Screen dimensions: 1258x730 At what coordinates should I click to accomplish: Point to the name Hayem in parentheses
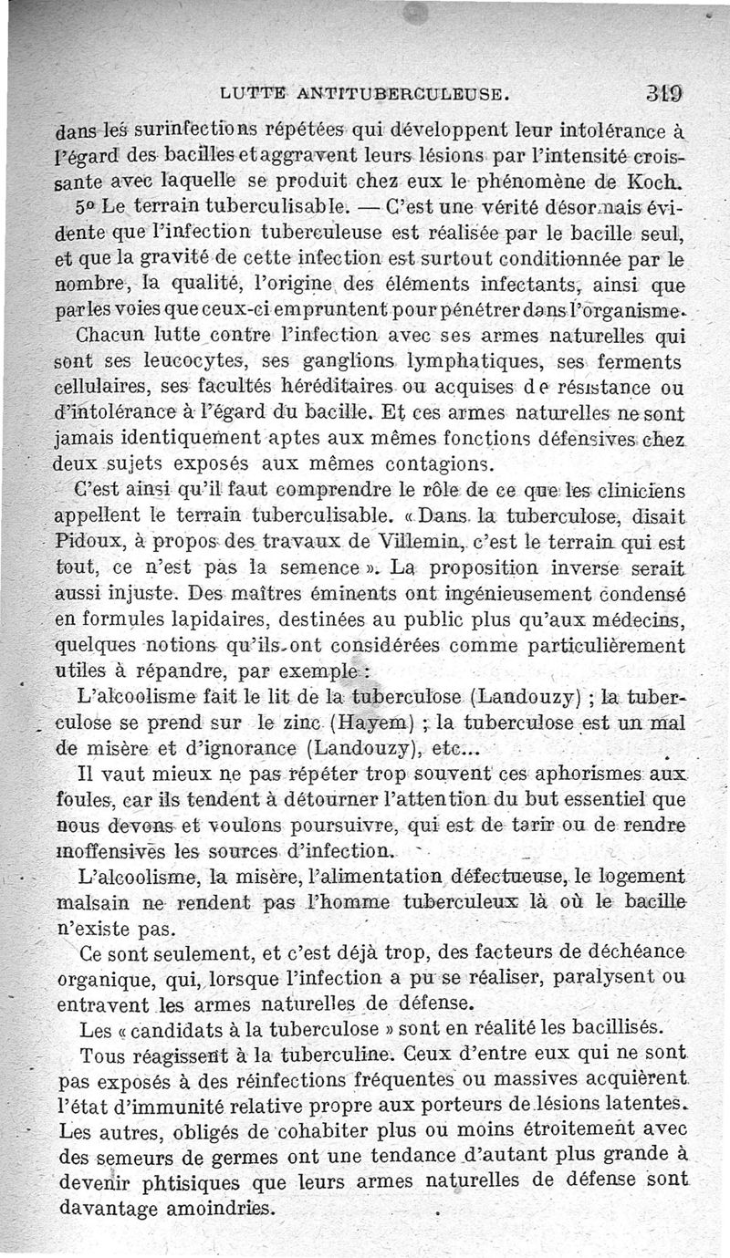pos(373,724)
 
